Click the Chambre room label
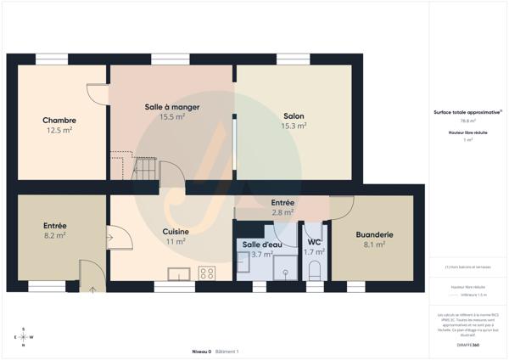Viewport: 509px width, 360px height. [59, 120]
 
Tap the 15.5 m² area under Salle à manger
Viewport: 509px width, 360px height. [172, 116]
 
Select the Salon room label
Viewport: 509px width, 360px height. [294, 115]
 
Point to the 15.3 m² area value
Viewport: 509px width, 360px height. [294, 126]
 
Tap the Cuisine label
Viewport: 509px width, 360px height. [176, 231]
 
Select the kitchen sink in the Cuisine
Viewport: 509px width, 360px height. [178, 273]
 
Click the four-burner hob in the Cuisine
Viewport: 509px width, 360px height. [205, 273]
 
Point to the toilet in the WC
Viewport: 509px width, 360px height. [314, 271]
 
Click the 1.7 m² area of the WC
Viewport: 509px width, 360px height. [314, 252]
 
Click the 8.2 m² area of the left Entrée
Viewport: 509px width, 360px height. [55, 235]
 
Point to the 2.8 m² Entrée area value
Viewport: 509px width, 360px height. [282, 212]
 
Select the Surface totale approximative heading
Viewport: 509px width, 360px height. [467, 111]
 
